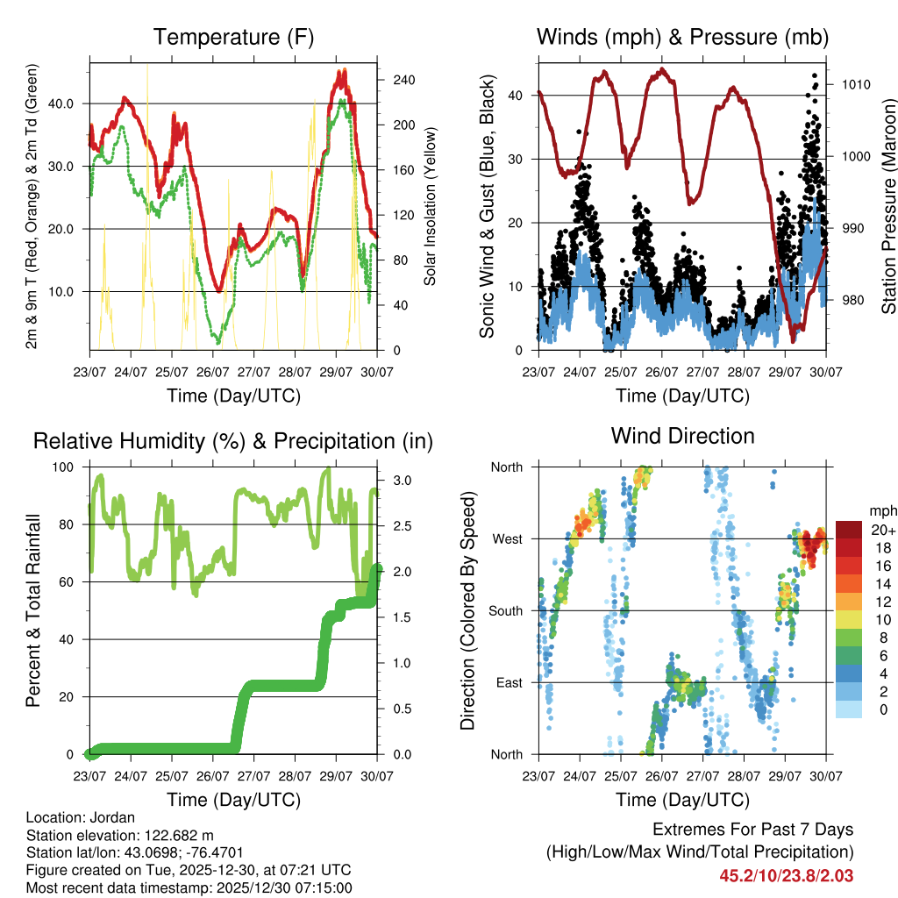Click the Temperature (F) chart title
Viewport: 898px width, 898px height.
pyautogui.click(x=233, y=37)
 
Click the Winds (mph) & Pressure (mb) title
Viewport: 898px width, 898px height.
pyautogui.click(x=682, y=37)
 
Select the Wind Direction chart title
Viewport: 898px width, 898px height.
pyautogui.click(x=682, y=435)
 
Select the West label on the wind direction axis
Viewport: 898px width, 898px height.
pyautogui.click(x=507, y=538)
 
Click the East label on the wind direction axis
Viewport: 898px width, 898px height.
pyautogui.click(x=508, y=682)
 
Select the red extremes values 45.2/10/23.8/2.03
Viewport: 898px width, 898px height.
pyautogui.click(x=787, y=875)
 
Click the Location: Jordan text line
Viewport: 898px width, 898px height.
pyautogui.click(x=81, y=817)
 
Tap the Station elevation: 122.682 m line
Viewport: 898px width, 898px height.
pyautogui.click(x=120, y=835)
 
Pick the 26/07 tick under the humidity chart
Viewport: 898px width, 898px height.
pyautogui.click(x=212, y=776)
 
